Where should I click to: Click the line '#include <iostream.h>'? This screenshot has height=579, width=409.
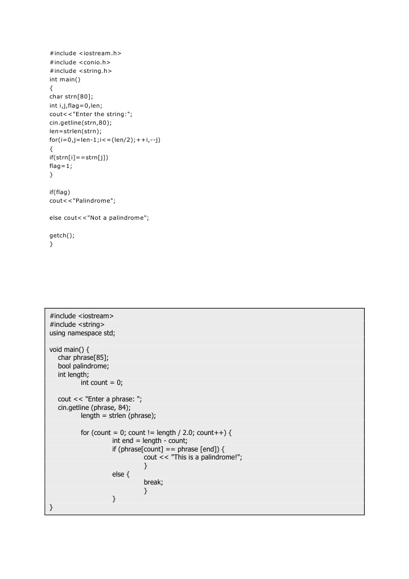pos(85,53)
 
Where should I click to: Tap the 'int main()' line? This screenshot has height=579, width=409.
pos(65,79)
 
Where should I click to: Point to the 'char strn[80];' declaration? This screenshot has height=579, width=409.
pos(71,96)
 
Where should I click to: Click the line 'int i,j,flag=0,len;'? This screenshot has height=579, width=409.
pos(76,105)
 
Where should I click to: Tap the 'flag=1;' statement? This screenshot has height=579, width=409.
pos(61,166)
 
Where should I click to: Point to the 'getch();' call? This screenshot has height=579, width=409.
pos(62,235)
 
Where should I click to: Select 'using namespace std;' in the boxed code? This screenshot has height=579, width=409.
pos(82,333)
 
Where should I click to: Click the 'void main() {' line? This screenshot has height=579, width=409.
pos(74,349)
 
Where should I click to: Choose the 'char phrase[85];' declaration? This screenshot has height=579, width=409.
pos(83,358)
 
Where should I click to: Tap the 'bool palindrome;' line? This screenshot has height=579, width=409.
pos(83,366)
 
